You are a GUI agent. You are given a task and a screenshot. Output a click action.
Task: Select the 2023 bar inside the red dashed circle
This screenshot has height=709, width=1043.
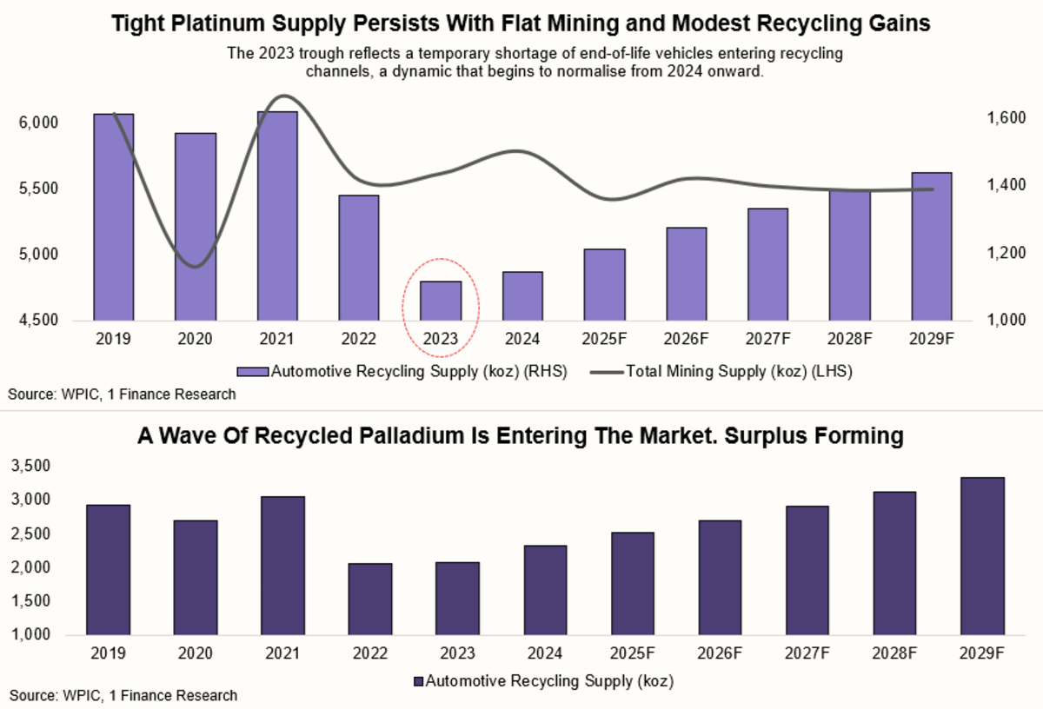441,301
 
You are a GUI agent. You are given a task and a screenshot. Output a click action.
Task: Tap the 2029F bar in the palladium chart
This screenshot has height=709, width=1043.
983,556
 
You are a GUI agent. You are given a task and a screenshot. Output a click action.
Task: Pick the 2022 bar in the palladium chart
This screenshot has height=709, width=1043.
369,600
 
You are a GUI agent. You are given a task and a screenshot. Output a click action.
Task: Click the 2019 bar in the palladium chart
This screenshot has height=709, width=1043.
109,570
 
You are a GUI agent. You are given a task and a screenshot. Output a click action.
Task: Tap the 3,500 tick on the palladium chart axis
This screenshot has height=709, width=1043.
33,467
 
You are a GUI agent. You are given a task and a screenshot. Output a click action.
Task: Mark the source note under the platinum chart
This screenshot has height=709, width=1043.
122,394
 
